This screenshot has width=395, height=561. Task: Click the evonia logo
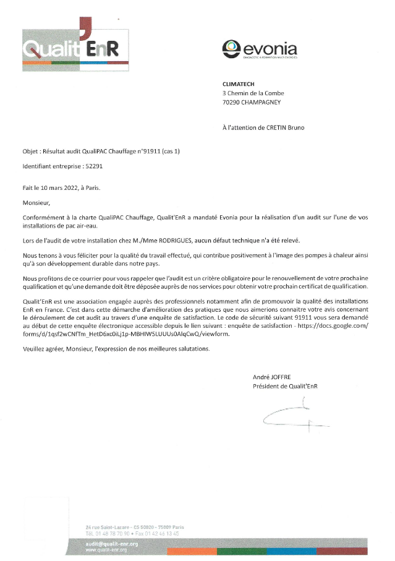pyautogui.click(x=260, y=49)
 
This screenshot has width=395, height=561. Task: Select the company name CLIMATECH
pyautogui.click(x=239, y=84)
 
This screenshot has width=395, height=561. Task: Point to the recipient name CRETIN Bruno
pyautogui.click(x=285, y=128)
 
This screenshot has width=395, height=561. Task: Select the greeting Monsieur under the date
pyautogui.click(x=35, y=202)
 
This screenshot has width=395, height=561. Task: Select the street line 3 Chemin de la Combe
pyautogui.click(x=253, y=93)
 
